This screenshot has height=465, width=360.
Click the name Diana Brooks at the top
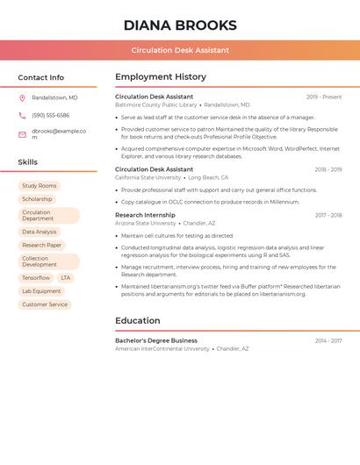click(x=180, y=25)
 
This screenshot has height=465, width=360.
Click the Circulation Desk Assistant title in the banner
click(x=180, y=50)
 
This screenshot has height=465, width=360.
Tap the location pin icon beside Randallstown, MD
click(x=22, y=97)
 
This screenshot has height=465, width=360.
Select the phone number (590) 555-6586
click(x=50, y=115)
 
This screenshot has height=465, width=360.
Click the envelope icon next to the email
click(x=22, y=134)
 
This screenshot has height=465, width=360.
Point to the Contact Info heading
click(x=40, y=77)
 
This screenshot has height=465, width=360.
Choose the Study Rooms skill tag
click(x=39, y=186)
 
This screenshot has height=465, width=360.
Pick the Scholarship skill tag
click(x=37, y=199)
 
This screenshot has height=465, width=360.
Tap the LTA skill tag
click(x=66, y=278)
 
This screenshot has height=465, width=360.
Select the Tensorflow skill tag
click(x=36, y=278)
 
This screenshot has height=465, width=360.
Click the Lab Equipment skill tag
click(x=41, y=291)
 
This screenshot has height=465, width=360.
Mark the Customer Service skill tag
click(x=45, y=304)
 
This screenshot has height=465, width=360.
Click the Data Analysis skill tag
click(x=39, y=232)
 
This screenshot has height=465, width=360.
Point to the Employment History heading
click(x=161, y=77)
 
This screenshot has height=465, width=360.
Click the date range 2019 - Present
click(x=324, y=97)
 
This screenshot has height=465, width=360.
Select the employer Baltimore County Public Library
click(x=155, y=104)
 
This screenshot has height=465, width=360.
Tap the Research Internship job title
click(x=145, y=215)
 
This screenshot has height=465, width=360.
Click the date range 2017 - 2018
click(x=328, y=215)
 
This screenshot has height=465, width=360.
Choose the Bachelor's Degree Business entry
click(x=156, y=340)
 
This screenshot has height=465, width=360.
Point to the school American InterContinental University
click(x=162, y=348)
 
